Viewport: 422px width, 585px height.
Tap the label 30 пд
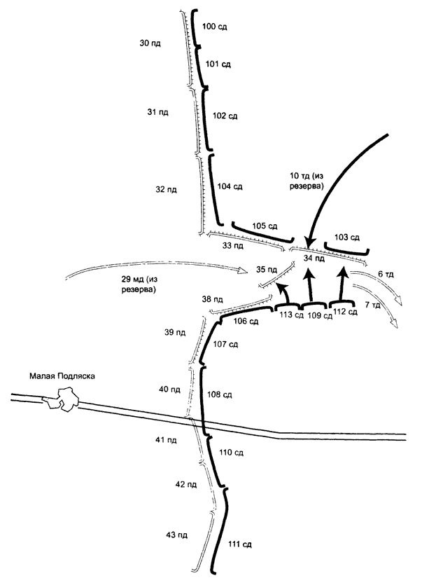151,43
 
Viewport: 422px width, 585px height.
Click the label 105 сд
265,226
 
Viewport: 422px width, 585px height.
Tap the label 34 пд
315,259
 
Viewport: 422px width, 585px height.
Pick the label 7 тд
374,305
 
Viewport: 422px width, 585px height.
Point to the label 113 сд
291,315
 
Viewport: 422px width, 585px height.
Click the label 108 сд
223,395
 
